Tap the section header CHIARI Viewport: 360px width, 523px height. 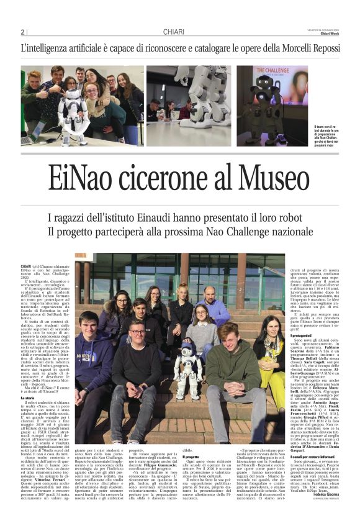[x=173, y=32]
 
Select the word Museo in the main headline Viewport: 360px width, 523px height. [x=276, y=179]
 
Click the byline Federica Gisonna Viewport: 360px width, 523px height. [x=322, y=511]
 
